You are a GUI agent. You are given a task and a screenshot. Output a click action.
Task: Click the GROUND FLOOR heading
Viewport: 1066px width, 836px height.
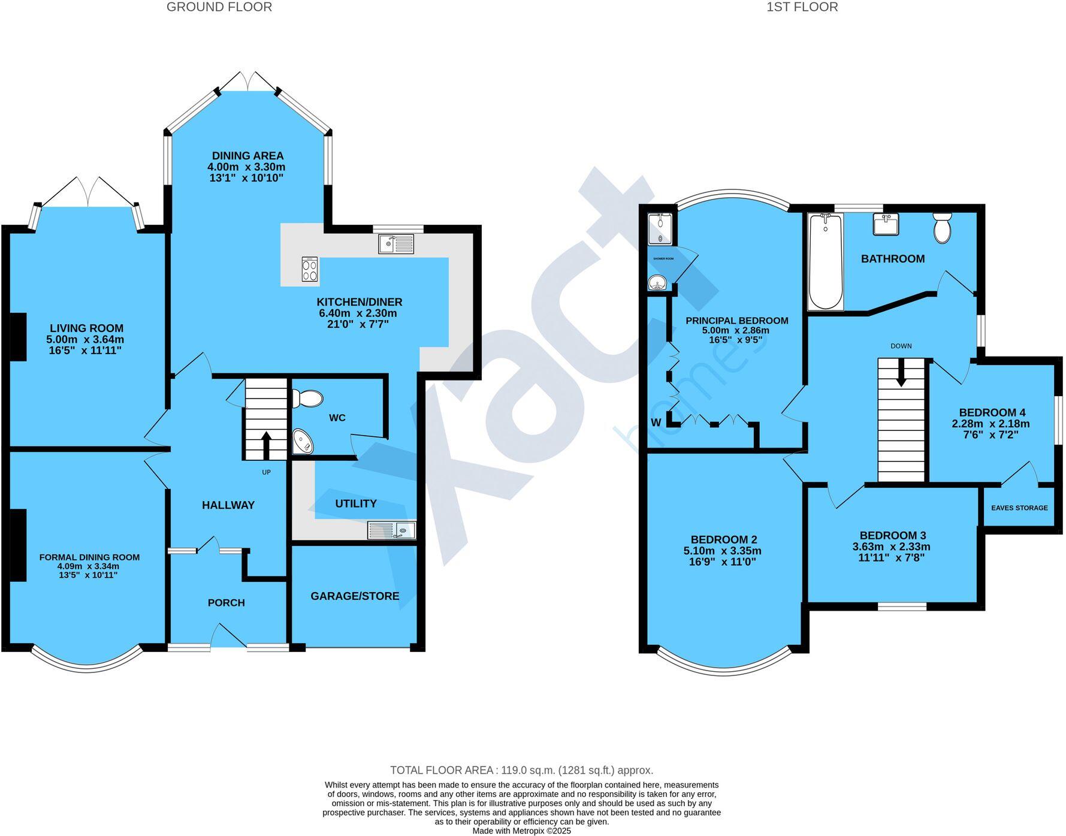(219, 7)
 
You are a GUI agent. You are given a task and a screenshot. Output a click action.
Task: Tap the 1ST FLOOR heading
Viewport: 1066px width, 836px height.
(802, 7)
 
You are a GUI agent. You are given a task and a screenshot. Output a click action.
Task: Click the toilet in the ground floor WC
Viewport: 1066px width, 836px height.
(307, 399)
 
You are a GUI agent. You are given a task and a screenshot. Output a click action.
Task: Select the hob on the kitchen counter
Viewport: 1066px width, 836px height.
(310, 269)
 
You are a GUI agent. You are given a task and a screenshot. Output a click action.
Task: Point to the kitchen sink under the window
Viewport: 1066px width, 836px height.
(396, 243)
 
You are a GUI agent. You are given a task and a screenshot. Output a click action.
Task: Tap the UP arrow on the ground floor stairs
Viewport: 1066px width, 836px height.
(266, 445)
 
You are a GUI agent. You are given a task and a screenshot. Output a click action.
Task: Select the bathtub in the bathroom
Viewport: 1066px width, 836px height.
(826, 262)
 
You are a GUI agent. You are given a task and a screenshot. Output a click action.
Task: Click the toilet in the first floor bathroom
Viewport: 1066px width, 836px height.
(942, 228)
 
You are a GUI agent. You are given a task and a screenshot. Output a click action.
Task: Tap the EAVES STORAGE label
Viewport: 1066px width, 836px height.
(1019, 508)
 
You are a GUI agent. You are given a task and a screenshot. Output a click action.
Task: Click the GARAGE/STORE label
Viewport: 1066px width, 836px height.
(355, 596)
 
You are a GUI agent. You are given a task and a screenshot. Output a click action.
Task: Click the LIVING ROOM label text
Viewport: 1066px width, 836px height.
(86, 328)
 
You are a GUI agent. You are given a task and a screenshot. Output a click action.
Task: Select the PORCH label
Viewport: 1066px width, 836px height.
(226, 603)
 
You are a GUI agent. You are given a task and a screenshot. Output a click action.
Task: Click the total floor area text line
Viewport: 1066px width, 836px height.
(521, 770)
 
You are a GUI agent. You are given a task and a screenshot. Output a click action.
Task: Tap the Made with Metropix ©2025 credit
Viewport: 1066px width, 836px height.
(521, 831)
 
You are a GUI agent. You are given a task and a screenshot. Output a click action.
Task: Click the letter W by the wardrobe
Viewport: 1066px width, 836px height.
(656, 422)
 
